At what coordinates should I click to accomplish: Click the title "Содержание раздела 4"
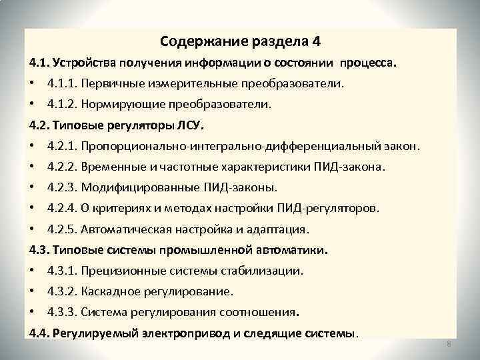(240, 41)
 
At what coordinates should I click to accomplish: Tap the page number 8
(449, 343)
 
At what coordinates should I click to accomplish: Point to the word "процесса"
(368, 63)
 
